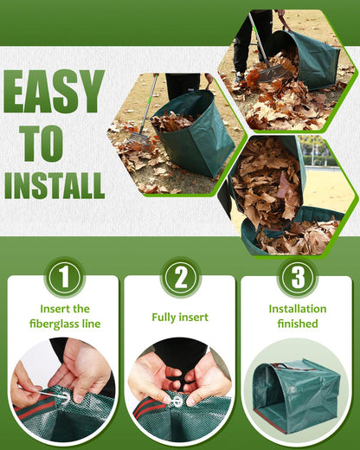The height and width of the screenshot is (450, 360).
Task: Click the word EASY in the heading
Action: point(54,92)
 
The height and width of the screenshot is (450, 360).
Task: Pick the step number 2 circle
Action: point(180,278)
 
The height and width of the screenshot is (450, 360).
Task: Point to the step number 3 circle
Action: point(296,278)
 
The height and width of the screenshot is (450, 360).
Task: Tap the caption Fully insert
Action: point(180,317)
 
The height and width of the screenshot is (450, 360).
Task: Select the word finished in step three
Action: point(297,324)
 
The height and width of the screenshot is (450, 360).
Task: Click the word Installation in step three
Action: point(297,308)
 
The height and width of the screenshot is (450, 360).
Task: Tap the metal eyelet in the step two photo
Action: point(177,401)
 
